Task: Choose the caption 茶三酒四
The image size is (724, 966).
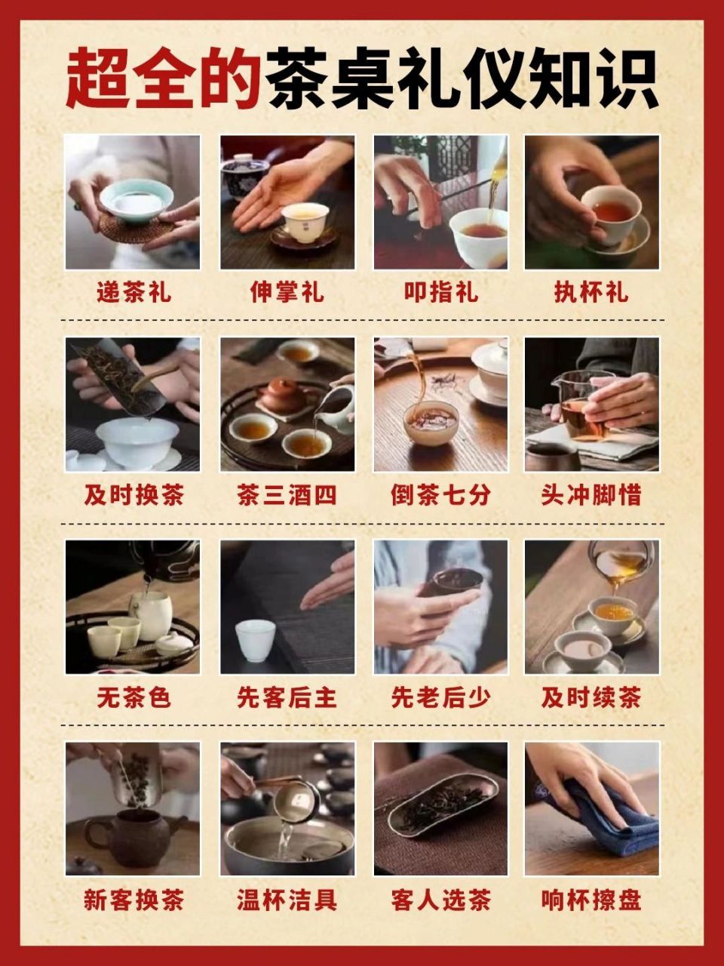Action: point(287,496)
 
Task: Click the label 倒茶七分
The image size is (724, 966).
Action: point(440,496)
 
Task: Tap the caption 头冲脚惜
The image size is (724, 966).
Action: point(591,496)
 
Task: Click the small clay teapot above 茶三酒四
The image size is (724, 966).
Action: point(283,395)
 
